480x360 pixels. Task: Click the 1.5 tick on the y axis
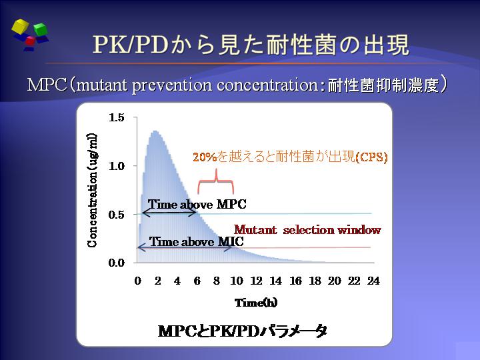[116, 117]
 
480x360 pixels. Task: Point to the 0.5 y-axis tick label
[116, 215]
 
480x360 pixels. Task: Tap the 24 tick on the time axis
[373, 281]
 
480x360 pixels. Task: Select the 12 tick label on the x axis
[256, 281]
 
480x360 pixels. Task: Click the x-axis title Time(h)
[256, 303]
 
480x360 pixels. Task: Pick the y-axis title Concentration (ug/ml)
[92, 190]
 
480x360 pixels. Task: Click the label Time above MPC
[197, 204]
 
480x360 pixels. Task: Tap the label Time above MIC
[196, 241]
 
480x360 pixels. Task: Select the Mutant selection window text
[307, 229]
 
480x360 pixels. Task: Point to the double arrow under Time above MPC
[169, 213]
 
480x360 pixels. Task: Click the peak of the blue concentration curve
[155, 131]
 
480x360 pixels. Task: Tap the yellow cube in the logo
[20, 26]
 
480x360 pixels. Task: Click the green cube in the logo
[41, 29]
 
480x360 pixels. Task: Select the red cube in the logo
[30, 41]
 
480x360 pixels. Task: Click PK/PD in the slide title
[131, 45]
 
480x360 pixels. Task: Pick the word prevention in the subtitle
[172, 85]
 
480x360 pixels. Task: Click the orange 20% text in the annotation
[205, 157]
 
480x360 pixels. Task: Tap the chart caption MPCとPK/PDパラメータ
[243, 331]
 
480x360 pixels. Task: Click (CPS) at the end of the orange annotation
[371, 157]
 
